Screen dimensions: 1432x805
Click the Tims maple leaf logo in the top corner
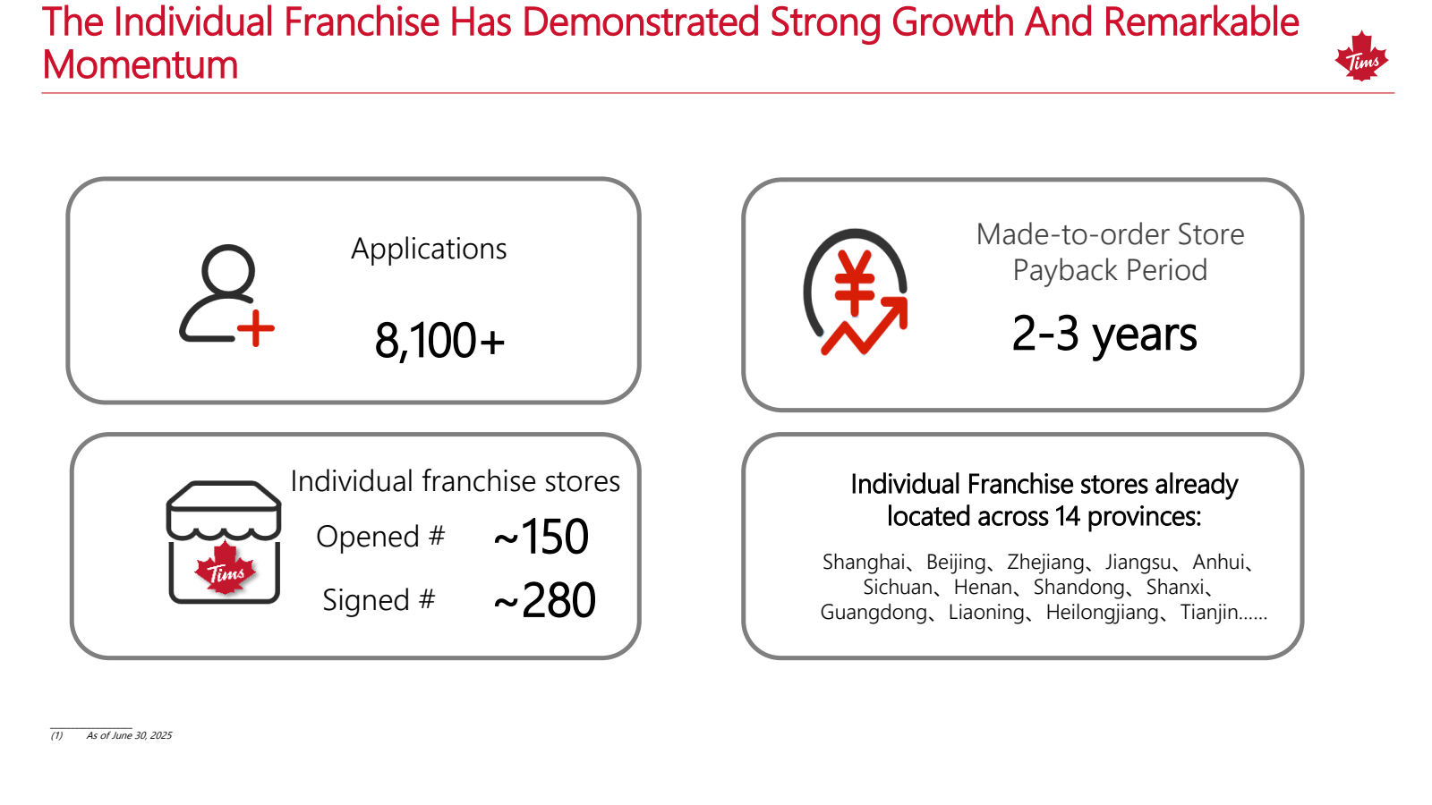(1361, 56)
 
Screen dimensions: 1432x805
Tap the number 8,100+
(439, 340)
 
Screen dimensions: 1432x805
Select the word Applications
(429, 249)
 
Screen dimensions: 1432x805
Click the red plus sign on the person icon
(256, 328)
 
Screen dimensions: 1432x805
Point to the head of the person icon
(228, 269)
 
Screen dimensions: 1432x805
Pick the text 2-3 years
(1104, 334)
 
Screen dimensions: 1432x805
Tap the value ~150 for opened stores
(541, 537)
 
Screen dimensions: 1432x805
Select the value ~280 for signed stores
(545, 600)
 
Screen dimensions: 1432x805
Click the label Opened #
(380, 536)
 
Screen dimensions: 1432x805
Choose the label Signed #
(379, 600)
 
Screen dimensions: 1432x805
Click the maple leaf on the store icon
(225, 569)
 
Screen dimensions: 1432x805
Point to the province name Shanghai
(863, 563)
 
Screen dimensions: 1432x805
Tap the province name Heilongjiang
(1102, 613)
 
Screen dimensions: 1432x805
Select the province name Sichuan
(898, 587)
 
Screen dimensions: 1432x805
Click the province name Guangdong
(874, 612)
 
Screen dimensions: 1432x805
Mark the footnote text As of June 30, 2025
(129, 735)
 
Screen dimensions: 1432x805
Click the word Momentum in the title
(140, 65)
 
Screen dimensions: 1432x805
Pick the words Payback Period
(1110, 270)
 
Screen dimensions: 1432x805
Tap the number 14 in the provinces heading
(1067, 516)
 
